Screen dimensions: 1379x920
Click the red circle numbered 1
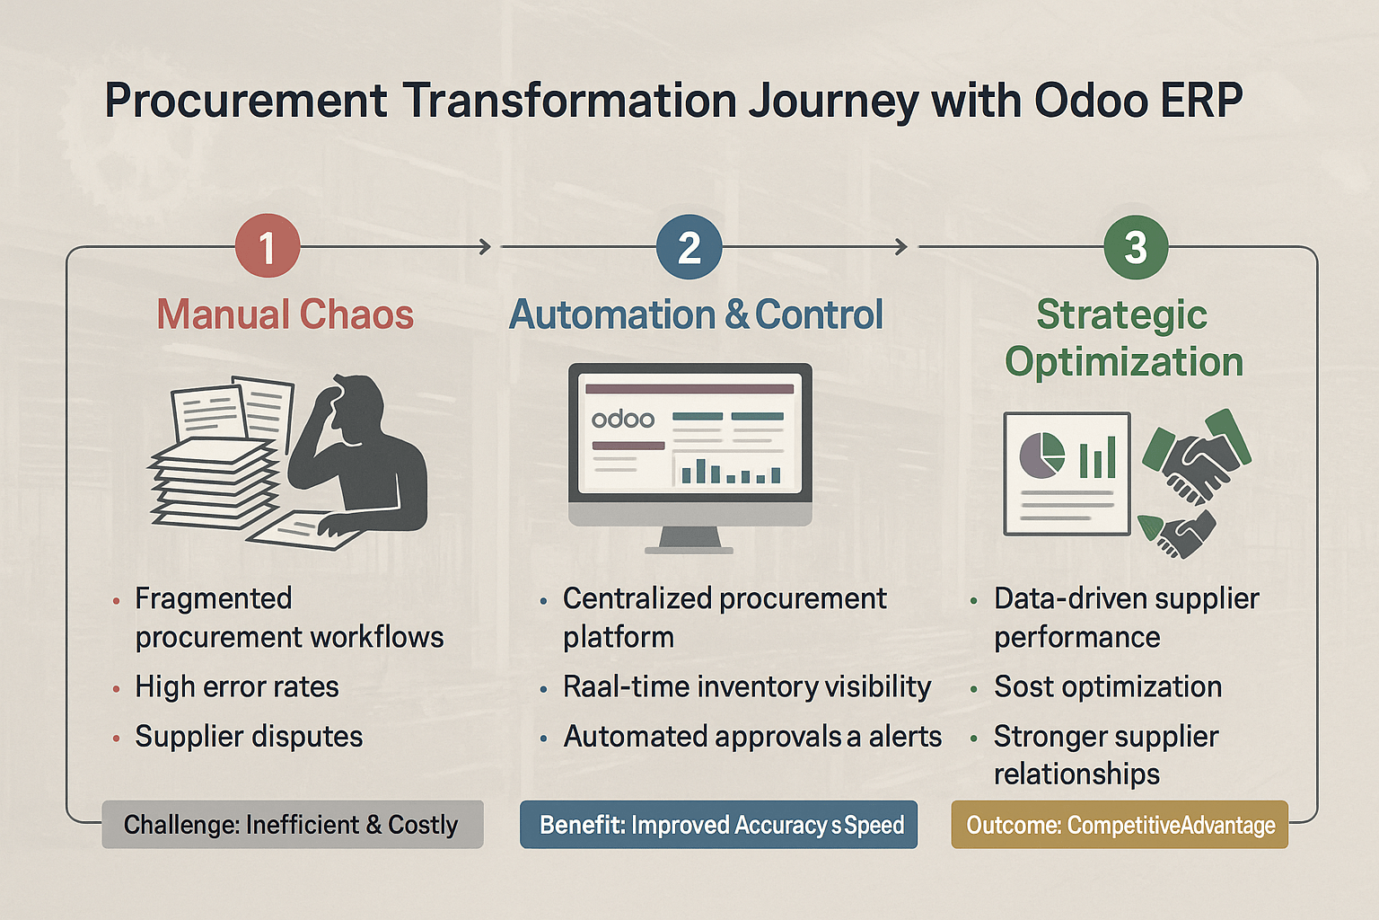pos(268,246)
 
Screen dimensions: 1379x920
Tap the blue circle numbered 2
pos(689,246)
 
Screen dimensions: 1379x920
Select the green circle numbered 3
pos(1135,247)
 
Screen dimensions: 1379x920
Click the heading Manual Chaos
pos(285,314)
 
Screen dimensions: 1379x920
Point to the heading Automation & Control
pos(696,314)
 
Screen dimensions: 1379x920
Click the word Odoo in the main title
pos(1091,101)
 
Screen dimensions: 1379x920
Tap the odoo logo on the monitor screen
pos(622,419)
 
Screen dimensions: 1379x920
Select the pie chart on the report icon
pos(1041,455)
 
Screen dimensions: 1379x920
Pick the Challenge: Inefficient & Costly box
pos(293,825)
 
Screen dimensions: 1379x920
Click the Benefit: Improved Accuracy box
pos(718,825)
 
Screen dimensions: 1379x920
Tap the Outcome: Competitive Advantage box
pos(1120,825)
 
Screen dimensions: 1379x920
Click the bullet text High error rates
pos(236,686)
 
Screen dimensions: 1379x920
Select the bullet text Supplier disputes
pos(249,737)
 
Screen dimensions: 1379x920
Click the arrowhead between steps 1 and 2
pos(485,247)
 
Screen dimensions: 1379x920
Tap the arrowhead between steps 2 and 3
pos(901,247)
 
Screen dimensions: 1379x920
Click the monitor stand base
pos(689,550)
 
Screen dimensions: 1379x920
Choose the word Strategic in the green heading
pos(1121,314)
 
